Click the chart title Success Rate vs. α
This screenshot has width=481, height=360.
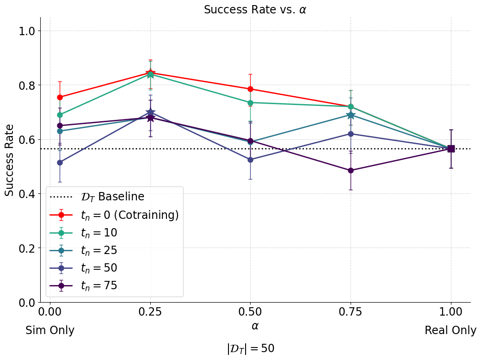pos(255,10)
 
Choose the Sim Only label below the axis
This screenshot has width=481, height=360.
pos(50,330)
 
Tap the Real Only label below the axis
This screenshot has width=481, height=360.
pos(450,330)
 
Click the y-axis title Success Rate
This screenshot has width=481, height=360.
pos(10,160)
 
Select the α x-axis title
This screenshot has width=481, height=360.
pos(255,326)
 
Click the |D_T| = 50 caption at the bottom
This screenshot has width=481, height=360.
pos(251,348)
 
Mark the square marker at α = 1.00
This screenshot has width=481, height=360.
pos(451,149)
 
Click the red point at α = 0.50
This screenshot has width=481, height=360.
pos(250,89)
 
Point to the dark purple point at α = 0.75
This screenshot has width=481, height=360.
pos(351,170)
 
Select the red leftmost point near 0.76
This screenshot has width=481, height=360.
pos(60,97)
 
